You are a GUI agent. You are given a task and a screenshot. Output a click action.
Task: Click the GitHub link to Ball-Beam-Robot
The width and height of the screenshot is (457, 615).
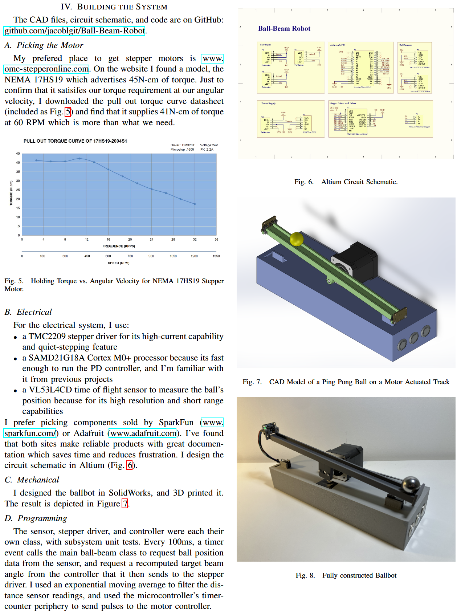[74, 31]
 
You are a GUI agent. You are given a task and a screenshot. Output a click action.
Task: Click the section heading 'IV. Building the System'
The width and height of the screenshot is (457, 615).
[114, 7]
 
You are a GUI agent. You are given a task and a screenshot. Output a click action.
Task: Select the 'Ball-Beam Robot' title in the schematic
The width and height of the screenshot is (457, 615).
[284, 29]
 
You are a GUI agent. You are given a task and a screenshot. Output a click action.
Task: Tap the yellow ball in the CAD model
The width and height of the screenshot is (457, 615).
[297, 239]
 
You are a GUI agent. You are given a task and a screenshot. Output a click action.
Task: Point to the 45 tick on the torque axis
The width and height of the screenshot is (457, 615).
[18, 154]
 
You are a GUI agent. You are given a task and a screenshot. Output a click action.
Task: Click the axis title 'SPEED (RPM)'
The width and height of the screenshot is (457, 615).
[118, 263]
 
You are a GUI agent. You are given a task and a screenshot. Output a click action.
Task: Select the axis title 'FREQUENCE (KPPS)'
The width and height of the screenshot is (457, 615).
[118, 246]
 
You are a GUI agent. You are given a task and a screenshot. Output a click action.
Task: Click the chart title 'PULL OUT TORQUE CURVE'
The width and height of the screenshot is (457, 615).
[75, 141]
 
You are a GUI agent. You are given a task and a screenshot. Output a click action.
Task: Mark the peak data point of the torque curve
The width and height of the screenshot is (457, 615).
[79, 158]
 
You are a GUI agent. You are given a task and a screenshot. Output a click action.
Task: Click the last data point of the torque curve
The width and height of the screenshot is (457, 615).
[195, 204]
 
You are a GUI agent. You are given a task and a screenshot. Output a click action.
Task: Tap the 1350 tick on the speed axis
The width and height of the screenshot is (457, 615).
[216, 256]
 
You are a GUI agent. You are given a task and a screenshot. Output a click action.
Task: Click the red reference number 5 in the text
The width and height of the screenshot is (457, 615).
[68, 112]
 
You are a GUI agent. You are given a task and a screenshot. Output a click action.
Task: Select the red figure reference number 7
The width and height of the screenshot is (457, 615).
[125, 504]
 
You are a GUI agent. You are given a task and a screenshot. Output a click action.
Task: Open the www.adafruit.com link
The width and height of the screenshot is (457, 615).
[143, 433]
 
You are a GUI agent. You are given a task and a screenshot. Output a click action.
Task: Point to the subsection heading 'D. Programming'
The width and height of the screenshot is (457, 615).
[36, 518]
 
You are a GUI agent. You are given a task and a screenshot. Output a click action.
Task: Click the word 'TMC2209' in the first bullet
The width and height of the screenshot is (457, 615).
[47, 337]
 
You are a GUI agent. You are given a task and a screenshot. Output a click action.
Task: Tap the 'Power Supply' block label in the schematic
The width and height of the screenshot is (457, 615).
[268, 103]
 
